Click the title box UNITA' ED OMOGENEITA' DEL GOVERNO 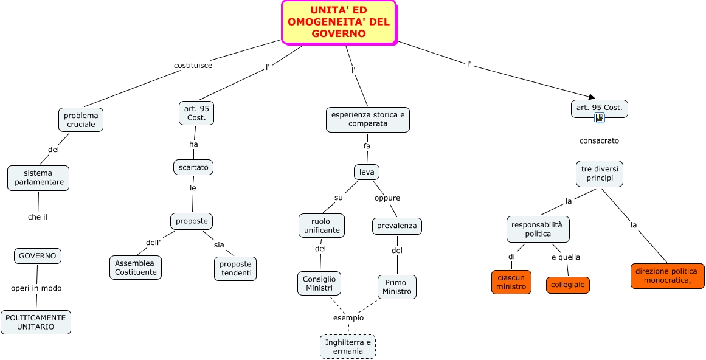(x=339, y=22)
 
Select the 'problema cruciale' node (x=81, y=120)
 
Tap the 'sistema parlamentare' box (x=38, y=178)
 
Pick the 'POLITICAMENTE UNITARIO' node (x=35, y=322)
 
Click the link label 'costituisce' (x=193, y=65)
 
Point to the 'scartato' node (x=193, y=167)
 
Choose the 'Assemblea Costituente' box (x=136, y=268)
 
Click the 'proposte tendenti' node (x=235, y=269)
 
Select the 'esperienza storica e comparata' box (x=368, y=120)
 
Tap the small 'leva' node (x=367, y=172)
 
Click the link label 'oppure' (x=387, y=198)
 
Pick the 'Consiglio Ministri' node (x=319, y=283)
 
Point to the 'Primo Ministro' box (x=397, y=287)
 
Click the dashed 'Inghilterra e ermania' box (x=348, y=347)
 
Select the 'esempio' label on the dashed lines (x=348, y=318)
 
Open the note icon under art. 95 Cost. (x=600, y=118)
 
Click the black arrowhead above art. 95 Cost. (x=592, y=96)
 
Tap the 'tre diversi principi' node (x=600, y=174)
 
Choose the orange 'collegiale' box (x=568, y=285)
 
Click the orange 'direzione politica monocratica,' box (x=667, y=276)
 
